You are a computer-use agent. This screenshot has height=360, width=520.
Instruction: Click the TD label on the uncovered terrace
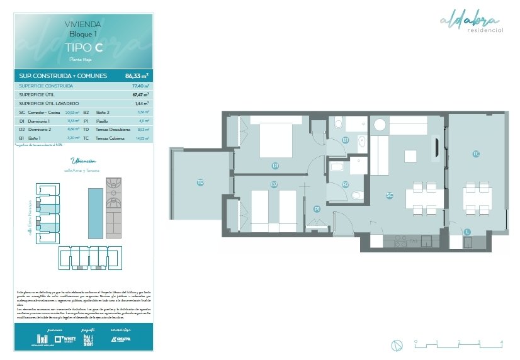[200, 182]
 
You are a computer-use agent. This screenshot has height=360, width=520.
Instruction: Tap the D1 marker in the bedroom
[275, 166]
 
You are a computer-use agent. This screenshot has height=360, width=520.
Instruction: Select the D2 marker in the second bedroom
[274, 184]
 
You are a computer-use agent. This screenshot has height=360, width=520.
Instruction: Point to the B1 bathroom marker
[346, 140]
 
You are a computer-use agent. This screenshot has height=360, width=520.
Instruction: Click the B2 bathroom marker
[346, 184]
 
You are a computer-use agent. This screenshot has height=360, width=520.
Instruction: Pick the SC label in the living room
[390, 195]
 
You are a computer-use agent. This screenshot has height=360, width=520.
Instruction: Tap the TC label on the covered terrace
[477, 154]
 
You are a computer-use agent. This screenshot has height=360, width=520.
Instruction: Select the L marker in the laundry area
[467, 232]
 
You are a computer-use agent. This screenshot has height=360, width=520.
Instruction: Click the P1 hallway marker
[317, 208]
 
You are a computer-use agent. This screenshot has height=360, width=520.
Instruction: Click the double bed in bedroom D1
[275, 139]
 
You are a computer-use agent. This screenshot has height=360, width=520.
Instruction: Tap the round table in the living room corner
[380, 124]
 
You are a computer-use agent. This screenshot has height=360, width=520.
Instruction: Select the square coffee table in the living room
[410, 155]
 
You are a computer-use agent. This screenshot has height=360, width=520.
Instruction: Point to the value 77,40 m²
[140, 86]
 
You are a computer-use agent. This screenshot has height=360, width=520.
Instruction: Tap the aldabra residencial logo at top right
[472, 23]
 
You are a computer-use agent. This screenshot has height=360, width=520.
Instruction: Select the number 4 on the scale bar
[501, 342]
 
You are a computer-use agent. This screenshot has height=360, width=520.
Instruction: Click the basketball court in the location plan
[114, 186]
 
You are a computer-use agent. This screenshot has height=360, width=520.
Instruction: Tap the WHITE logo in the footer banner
[65, 339]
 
